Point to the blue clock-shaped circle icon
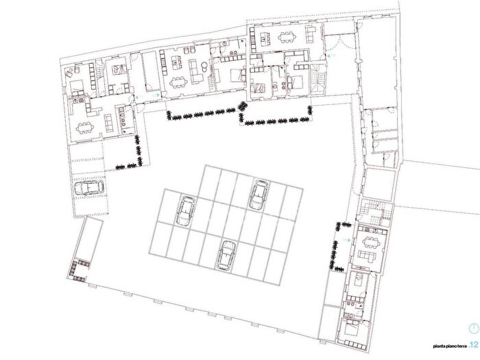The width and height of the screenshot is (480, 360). (x=474, y=328)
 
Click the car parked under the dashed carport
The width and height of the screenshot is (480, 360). (x=89, y=188)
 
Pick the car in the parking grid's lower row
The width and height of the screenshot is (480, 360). (x=226, y=255)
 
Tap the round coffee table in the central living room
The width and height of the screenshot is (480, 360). (x=204, y=66)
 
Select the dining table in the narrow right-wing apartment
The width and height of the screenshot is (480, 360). (x=370, y=242)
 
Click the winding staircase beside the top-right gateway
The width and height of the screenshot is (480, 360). (x=318, y=79)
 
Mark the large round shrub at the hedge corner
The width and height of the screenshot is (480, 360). (x=242, y=106)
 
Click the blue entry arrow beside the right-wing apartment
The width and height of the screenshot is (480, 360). (x=347, y=240)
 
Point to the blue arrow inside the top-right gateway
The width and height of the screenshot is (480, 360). (x=331, y=56)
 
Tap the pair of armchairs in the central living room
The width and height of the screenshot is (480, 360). (x=189, y=50)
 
